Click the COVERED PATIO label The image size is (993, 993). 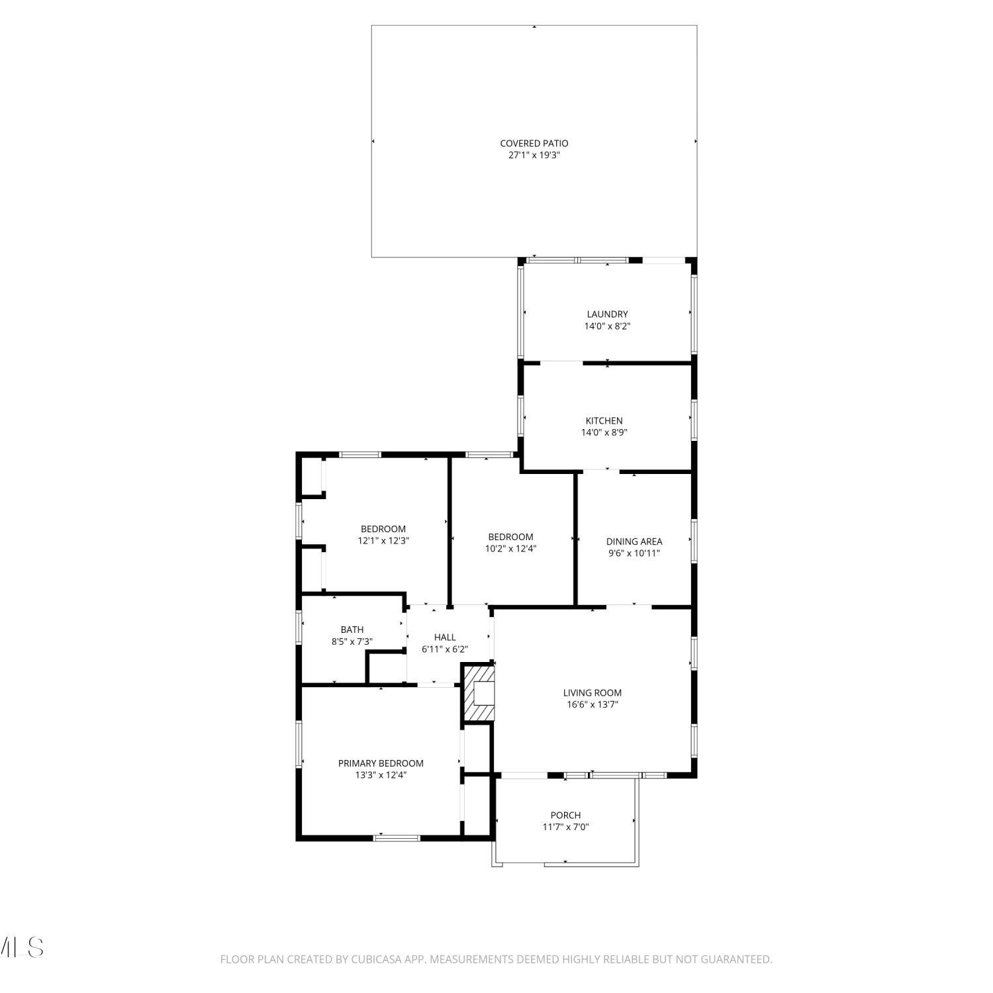(x=534, y=143)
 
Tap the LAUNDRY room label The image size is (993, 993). (x=607, y=314)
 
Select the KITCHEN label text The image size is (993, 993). (x=604, y=421)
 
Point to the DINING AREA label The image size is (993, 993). (x=634, y=542)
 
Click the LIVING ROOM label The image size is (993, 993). (x=592, y=693)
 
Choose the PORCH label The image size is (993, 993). (x=566, y=816)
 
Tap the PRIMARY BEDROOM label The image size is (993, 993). (x=381, y=763)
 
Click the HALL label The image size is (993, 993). (x=445, y=638)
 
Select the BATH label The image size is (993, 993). (x=352, y=630)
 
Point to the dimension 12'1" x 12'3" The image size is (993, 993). (x=383, y=540)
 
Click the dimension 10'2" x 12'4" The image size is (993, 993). (x=510, y=548)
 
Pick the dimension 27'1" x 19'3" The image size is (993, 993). (x=534, y=155)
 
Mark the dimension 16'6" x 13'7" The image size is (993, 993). (x=592, y=704)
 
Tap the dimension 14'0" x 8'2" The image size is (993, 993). (x=607, y=326)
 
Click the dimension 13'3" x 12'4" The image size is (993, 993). (x=381, y=775)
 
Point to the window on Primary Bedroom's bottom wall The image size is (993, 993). (x=397, y=838)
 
